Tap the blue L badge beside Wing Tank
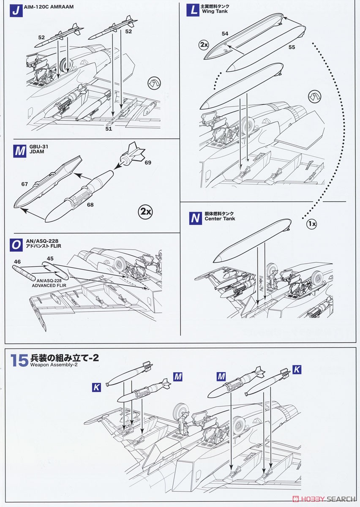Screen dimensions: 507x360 [x=193, y=10]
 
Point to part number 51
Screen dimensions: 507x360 [x=109, y=129]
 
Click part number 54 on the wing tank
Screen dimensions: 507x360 [x=225, y=33]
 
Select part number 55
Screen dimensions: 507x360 [x=292, y=47]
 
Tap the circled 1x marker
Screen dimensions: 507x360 [x=311, y=224]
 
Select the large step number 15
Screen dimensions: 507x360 [x=19, y=360]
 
